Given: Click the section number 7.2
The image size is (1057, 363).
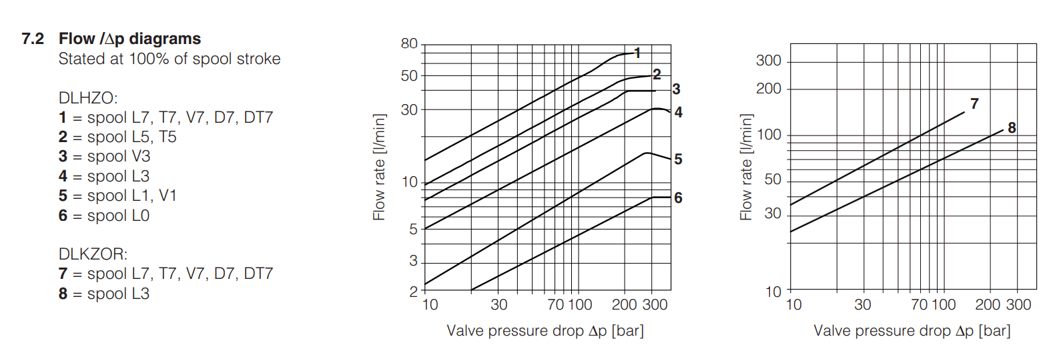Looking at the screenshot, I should pyautogui.click(x=32, y=39).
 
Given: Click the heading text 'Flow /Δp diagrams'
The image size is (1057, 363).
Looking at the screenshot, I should pyautogui.click(x=129, y=39).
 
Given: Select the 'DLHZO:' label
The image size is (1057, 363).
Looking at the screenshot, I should pyautogui.click(x=88, y=98).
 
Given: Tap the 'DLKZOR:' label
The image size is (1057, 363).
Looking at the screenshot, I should pyautogui.click(x=93, y=254).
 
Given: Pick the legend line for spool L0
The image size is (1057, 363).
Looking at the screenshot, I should pyautogui.click(x=104, y=216).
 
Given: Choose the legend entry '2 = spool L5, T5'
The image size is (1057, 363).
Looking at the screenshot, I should pyautogui.click(x=117, y=137).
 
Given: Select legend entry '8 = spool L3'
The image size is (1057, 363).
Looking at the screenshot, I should pyautogui.click(x=104, y=294).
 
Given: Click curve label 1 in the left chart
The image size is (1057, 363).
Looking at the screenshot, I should pyautogui.click(x=637, y=53).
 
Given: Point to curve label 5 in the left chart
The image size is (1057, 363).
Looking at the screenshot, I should pyautogui.click(x=678, y=159).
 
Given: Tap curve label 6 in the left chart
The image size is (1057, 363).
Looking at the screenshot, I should pyautogui.click(x=678, y=198).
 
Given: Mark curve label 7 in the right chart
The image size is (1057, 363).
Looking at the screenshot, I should pyautogui.click(x=974, y=103).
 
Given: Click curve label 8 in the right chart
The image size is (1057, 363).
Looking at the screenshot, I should pyautogui.click(x=1012, y=127).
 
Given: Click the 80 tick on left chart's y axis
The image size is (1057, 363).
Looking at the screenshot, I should pyautogui.click(x=409, y=44).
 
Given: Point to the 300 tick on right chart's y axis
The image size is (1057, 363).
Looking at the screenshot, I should pyautogui.click(x=768, y=61).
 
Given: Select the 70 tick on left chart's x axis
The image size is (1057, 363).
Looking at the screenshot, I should pyautogui.click(x=555, y=305).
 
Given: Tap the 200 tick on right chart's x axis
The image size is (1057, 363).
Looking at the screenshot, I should pyautogui.click(x=988, y=305).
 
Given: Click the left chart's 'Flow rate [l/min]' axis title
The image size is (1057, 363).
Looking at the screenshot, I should pyautogui.click(x=379, y=167).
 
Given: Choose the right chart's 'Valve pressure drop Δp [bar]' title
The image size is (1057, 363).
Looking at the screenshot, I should pyautogui.click(x=912, y=330).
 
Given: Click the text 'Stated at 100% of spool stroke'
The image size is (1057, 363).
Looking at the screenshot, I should pyautogui.click(x=169, y=59).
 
